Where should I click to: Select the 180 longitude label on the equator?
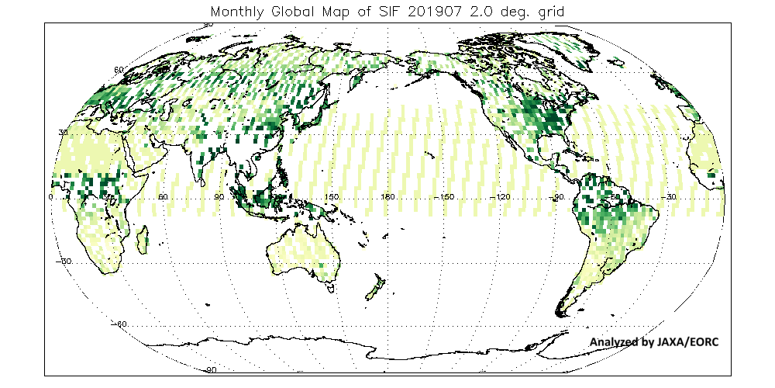[x=387, y=197]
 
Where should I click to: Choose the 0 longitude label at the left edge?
[x=51, y=197]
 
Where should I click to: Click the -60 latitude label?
[x=119, y=323]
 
